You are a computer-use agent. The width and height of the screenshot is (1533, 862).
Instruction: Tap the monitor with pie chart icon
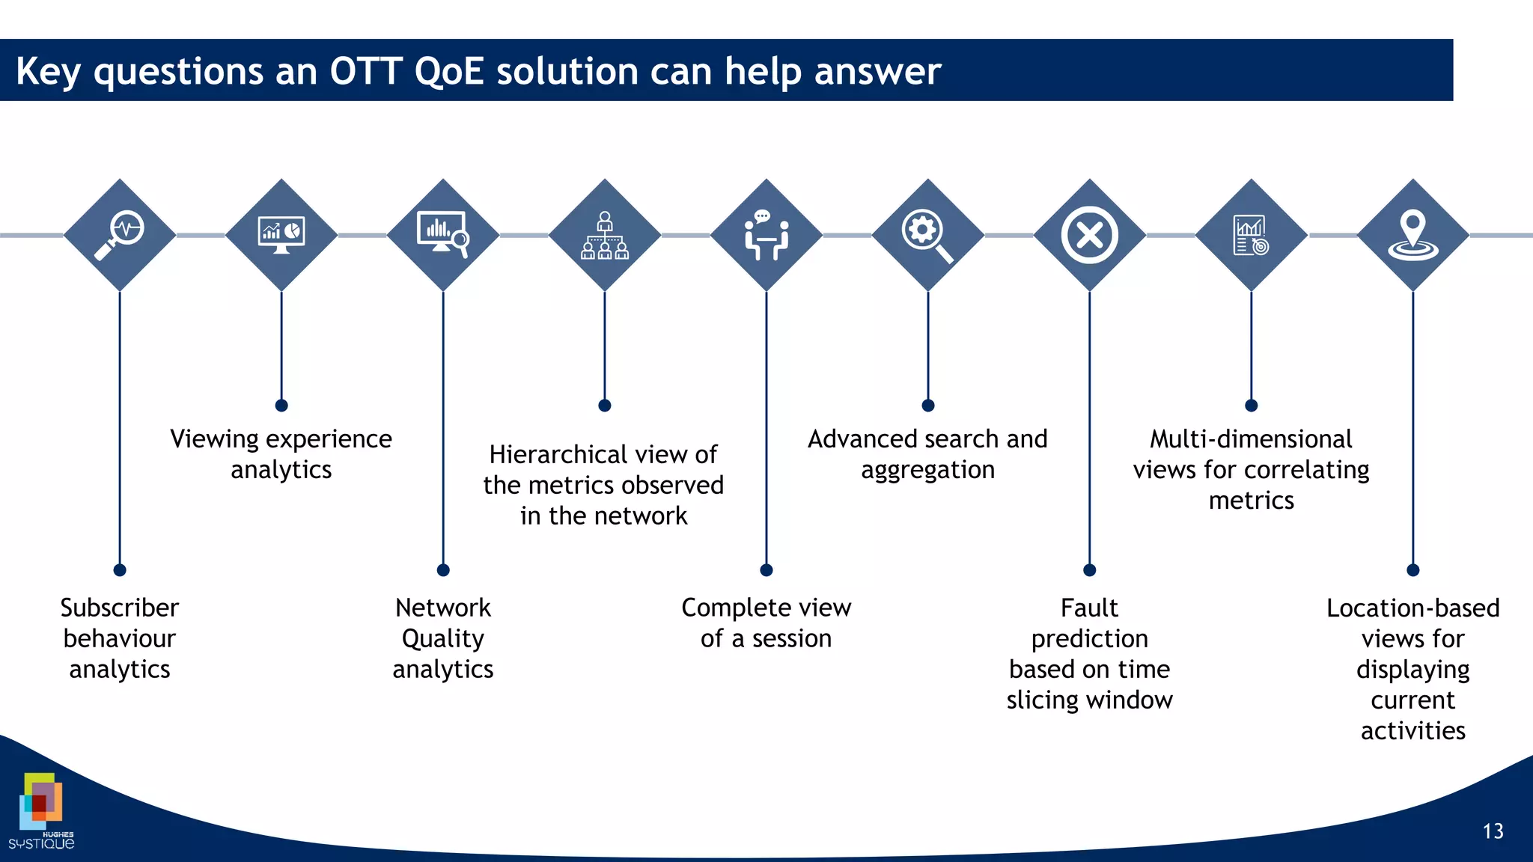point(281,234)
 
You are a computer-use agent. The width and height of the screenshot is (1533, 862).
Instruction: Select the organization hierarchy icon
point(605,235)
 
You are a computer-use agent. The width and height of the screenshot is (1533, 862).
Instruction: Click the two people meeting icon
point(766,235)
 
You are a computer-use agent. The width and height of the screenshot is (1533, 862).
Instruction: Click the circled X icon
point(1090,235)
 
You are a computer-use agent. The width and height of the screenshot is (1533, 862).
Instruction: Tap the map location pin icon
point(1413,235)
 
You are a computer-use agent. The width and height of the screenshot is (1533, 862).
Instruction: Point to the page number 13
point(1493,831)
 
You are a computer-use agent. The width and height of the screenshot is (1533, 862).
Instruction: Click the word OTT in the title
point(366,72)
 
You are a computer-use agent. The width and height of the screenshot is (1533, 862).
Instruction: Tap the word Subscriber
point(120,608)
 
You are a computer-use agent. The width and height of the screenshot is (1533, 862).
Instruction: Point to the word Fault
point(1089,608)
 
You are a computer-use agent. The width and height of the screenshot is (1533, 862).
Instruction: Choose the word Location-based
point(1412,608)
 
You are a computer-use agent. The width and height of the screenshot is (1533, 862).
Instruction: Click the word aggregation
point(927,470)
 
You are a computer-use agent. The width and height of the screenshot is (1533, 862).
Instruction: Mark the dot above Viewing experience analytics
point(281,406)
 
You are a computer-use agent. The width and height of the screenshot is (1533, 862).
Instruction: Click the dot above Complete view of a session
point(766,570)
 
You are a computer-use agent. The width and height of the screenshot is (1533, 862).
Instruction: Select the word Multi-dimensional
point(1251,438)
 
